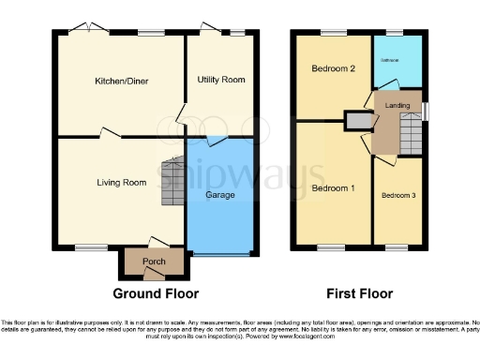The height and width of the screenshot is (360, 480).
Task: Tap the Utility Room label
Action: (x=221, y=80)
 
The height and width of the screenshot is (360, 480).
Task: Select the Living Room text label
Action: (x=121, y=182)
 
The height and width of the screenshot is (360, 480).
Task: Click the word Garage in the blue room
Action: (x=220, y=195)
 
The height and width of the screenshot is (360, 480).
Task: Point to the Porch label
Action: (x=154, y=261)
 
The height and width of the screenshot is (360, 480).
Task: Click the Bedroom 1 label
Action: (x=333, y=188)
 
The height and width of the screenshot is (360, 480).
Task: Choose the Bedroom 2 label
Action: (x=333, y=69)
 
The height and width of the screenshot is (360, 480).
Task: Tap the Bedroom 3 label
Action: (x=399, y=195)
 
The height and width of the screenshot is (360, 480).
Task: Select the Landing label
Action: (x=398, y=106)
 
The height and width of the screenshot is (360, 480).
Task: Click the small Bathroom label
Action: (x=390, y=61)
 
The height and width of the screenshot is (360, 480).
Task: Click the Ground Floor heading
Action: (x=153, y=292)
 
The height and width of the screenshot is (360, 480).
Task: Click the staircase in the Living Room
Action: (x=172, y=182)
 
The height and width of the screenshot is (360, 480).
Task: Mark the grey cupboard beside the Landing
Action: (x=357, y=121)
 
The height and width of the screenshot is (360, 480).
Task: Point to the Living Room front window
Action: (x=90, y=248)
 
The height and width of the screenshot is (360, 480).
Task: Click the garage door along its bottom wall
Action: (x=221, y=253)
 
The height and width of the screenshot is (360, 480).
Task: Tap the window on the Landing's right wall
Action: (x=426, y=111)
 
